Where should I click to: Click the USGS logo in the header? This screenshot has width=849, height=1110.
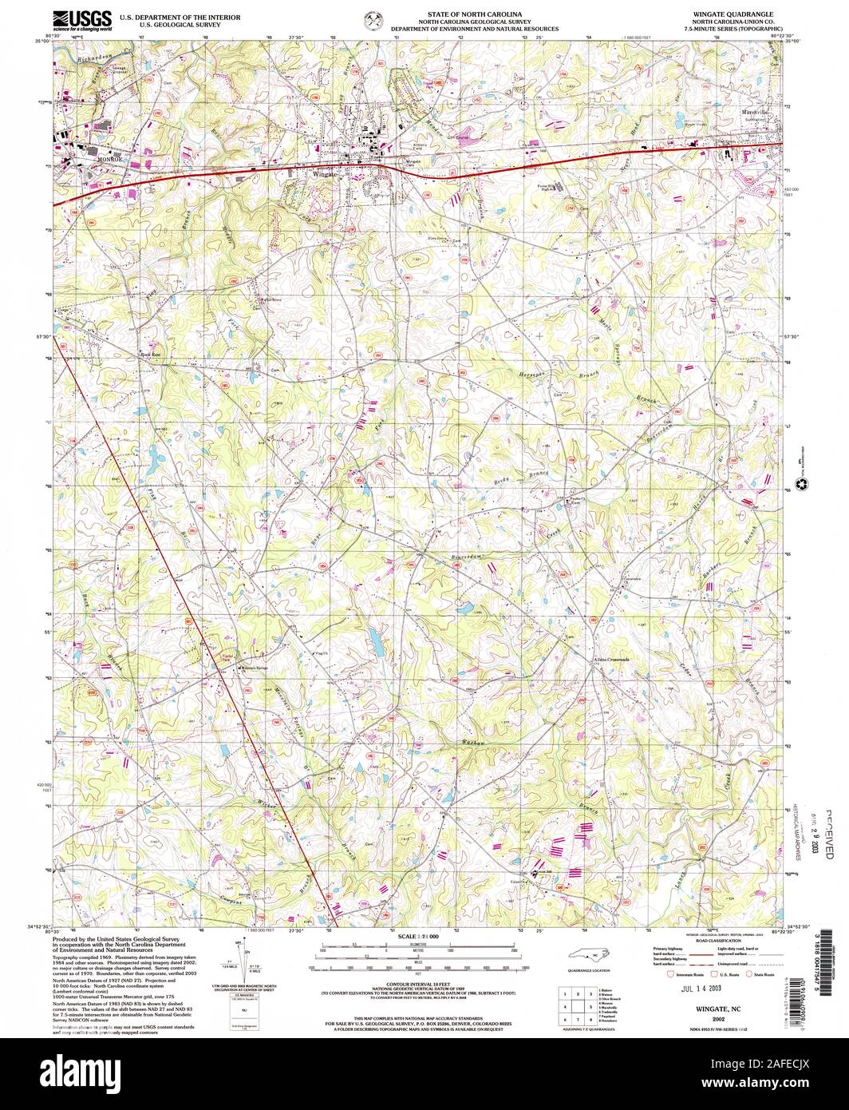point(81,19)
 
